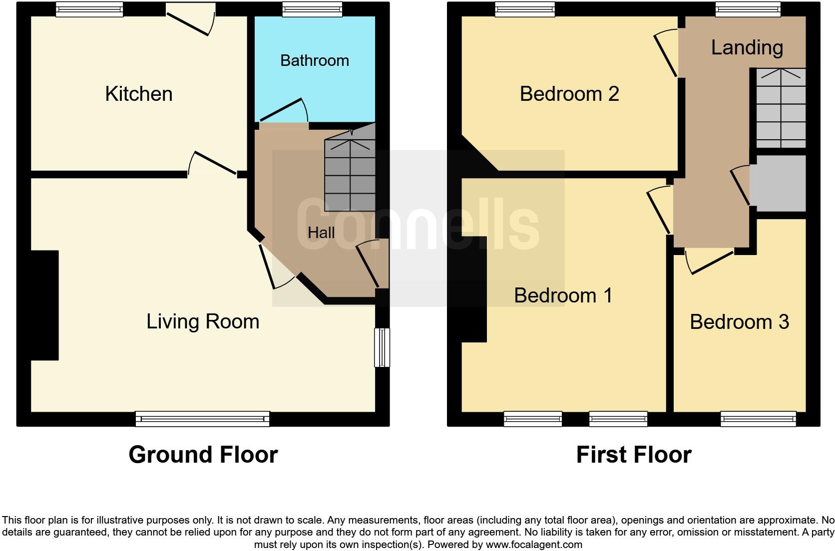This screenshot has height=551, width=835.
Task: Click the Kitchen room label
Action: pos(139,94)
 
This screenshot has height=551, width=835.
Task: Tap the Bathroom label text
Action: pos(314,60)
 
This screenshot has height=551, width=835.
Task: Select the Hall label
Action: pos(321,233)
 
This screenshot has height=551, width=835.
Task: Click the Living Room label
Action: pos(203,321)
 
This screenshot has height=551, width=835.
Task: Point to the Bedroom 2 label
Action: pos(569,94)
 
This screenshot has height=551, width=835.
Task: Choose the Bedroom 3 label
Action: pos(739,322)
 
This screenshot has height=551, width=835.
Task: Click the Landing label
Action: pos(747,47)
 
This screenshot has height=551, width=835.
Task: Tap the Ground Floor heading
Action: pos(203,455)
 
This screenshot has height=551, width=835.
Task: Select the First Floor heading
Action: pos(633,455)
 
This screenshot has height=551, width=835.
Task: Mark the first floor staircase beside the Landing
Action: pos(781,107)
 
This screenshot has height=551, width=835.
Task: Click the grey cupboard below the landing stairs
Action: pos(779,183)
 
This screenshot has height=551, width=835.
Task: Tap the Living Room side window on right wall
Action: pos(382,347)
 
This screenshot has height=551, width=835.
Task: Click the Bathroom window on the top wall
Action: pos(312,9)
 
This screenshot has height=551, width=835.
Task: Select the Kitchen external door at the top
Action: pos(190,20)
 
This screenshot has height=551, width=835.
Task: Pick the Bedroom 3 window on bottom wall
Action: pos(758,419)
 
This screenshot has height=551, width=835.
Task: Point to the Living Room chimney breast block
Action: pos(45,305)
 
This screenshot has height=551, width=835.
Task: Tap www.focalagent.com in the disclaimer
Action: pos(534,545)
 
